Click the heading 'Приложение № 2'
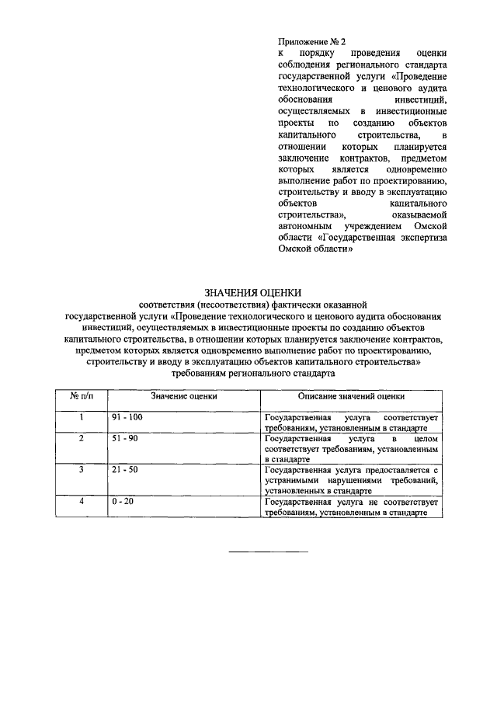(x=311, y=40)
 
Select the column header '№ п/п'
(x=82, y=396)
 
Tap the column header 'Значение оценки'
(x=184, y=396)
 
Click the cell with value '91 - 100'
(x=127, y=418)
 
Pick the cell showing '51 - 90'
(x=124, y=439)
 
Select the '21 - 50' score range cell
(x=124, y=471)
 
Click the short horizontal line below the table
(x=268, y=552)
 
